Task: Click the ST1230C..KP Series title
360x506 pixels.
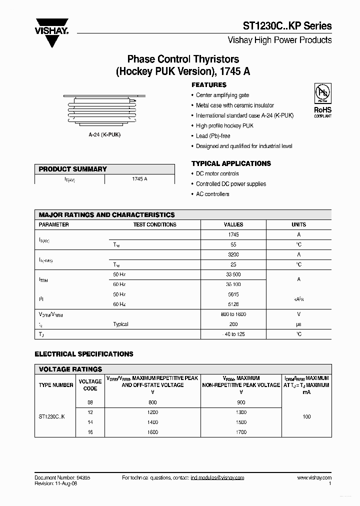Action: pos(286,25)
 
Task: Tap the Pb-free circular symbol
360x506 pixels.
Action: pos(322,93)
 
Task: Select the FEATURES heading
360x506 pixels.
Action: pos(209,85)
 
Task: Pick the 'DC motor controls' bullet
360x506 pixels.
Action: pos(217,173)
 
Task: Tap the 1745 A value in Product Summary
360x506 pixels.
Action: pos(139,179)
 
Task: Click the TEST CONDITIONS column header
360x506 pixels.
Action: pos(154,224)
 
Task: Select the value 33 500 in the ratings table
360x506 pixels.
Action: pos(233,274)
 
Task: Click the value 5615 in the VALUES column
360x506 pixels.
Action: pos(233,294)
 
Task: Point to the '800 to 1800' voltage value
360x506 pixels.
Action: pos(233,314)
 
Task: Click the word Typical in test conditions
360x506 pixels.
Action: pos(120,324)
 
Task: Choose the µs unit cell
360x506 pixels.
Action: pos(298,324)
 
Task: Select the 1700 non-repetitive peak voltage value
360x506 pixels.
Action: pos(240,432)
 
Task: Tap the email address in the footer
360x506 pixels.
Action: pos(217,478)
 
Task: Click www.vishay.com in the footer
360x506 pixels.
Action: pos(314,478)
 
